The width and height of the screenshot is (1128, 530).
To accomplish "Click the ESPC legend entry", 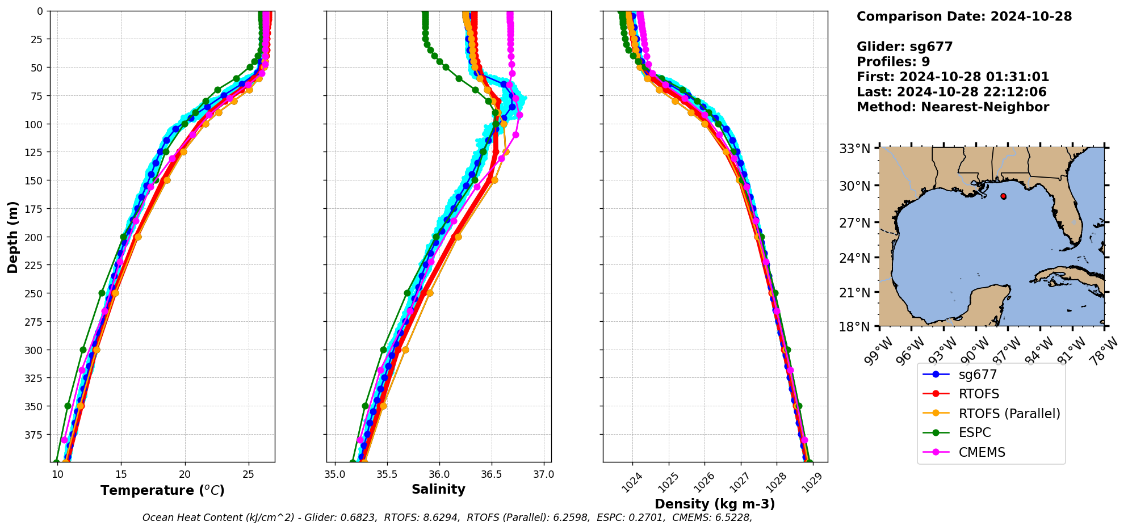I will [974, 432].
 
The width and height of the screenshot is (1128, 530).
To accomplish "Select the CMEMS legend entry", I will [982, 452].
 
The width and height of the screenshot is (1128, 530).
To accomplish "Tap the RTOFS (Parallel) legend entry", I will [1009, 414].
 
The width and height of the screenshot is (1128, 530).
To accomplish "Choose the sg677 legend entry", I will [978, 375].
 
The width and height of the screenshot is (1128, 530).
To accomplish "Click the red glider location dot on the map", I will [1003, 196].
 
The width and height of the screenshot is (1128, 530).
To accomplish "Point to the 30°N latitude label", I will [855, 186].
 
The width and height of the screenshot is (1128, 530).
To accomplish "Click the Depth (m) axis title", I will [12, 237].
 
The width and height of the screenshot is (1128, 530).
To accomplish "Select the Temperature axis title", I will [162, 490].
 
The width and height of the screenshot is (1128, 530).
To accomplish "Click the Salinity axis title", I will [438, 489].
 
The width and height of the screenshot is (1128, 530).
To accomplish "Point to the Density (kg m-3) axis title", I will [715, 504].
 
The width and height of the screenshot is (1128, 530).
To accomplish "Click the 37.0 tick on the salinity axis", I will [543, 474].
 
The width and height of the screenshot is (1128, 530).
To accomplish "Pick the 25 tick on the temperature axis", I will [248, 474].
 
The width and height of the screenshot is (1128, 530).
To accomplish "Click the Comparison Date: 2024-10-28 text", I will [964, 16].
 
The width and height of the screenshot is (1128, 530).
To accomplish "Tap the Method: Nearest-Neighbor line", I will [953, 107].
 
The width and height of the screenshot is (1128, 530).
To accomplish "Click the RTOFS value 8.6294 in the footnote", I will [439, 518].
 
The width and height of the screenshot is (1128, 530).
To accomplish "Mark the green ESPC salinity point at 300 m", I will [383, 350].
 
